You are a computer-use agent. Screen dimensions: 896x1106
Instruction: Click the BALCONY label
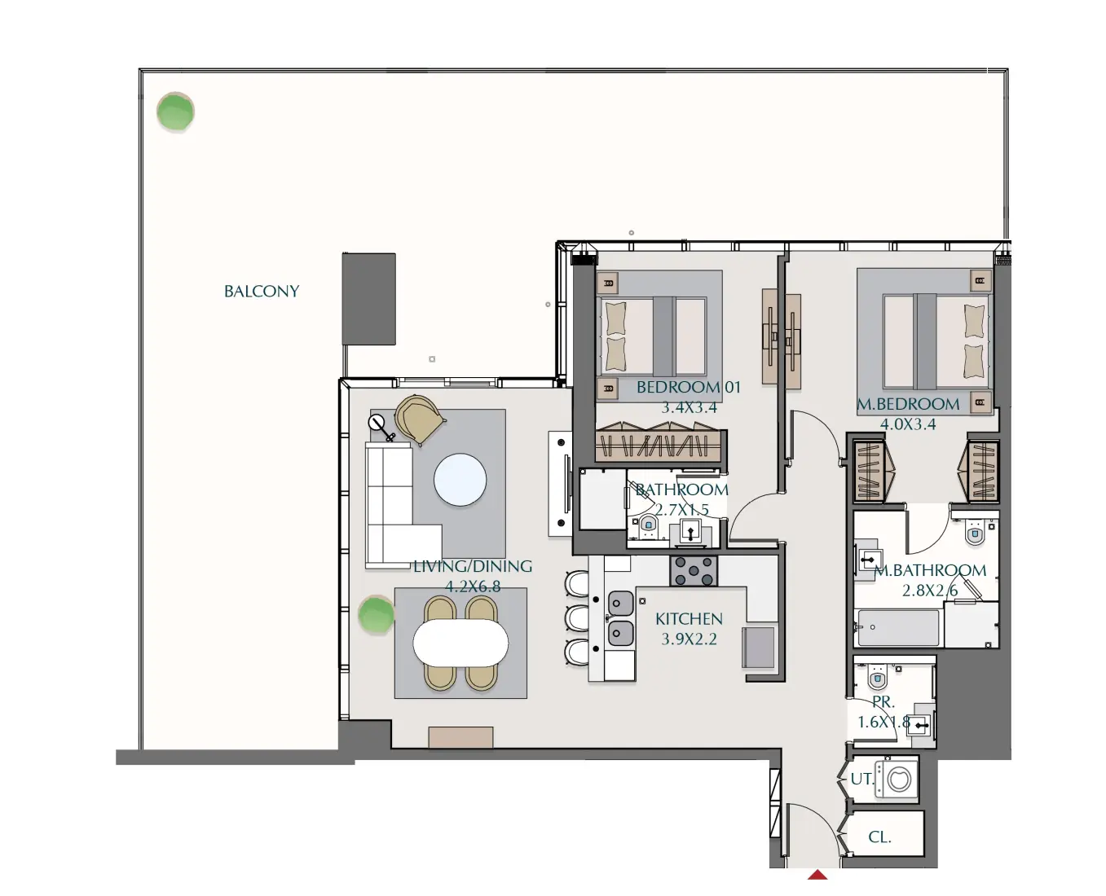click(262, 292)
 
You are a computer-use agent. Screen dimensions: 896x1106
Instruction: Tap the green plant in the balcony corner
click(175, 112)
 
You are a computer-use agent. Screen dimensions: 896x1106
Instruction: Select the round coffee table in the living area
click(460, 480)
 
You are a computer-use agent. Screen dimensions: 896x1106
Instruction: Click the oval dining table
click(460, 643)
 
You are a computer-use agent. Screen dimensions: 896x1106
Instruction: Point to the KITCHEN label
click(689, 619)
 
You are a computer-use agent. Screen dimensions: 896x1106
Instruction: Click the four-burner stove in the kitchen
click(694, 571)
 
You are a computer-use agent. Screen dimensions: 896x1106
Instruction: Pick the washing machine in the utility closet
click(897, 780)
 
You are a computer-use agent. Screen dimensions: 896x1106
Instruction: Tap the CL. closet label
click(879, 837)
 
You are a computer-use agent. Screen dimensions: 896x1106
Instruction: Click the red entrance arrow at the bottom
click(817, 875)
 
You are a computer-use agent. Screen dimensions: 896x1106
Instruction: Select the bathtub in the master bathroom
click(897, 628)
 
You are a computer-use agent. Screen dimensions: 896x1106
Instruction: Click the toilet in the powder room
click(878, 678)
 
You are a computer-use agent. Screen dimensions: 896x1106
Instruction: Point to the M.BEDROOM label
click(908, 404)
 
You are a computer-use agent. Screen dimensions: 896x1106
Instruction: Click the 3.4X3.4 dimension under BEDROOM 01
click(689, 408)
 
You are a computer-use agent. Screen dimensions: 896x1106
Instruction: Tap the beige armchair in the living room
click(420, 419)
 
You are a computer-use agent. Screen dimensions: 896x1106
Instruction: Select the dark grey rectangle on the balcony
click(368, 298)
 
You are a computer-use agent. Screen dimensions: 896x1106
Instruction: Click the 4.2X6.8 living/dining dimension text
click(473, 586)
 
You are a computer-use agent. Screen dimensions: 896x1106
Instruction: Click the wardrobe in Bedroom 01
click(659, 445)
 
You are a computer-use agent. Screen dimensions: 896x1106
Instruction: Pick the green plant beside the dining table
click(377, 615)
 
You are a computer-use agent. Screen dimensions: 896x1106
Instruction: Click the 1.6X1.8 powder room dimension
click(883, 723)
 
